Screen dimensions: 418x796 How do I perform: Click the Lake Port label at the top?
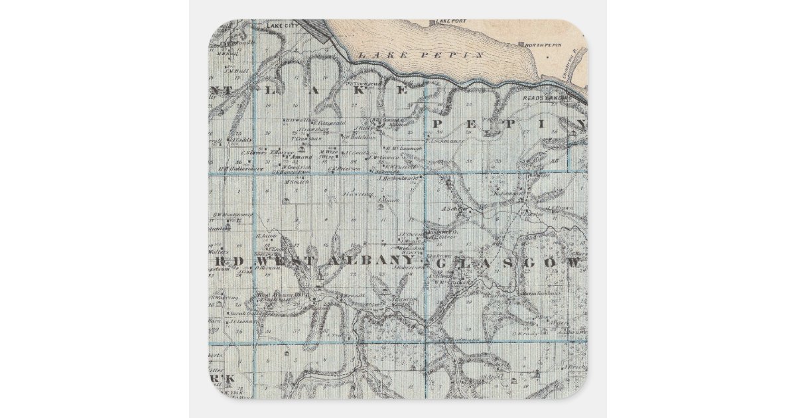[x=452, y=21]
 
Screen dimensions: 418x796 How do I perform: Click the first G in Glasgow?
[x=442, y=263]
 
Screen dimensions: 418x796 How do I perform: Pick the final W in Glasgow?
[x=574, y=263]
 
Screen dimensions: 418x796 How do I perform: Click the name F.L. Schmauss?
[x=444, y=141]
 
